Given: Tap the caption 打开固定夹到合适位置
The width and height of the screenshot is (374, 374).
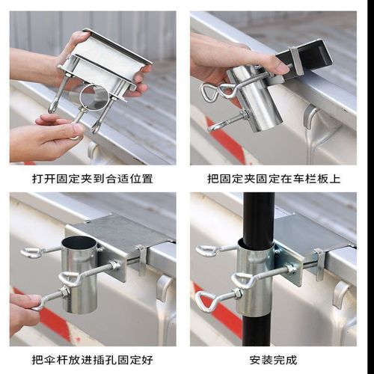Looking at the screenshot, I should click(93, 179).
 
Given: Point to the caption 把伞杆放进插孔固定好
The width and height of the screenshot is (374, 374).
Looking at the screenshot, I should click(93, 360).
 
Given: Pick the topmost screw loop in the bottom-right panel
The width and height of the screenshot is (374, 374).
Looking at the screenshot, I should click(207, 251).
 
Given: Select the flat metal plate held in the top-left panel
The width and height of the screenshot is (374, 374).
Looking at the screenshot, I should click(112, 49).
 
